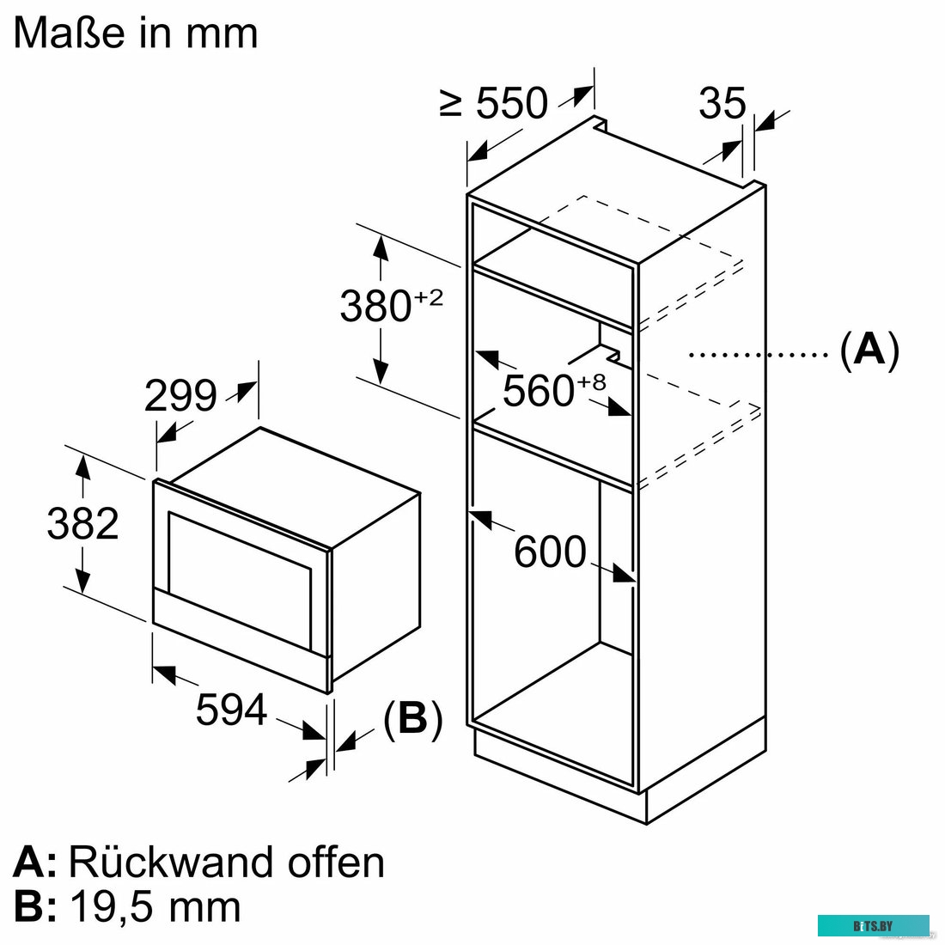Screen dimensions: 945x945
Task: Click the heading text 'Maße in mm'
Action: click(x=135, y=34)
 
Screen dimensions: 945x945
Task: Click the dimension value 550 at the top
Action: click(x=511, y=104)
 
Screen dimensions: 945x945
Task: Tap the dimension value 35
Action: click(x=722, y=104)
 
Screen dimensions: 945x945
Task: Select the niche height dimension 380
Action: click(x=375, y=307)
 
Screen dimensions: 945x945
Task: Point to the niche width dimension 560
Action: click(x=539, y=392)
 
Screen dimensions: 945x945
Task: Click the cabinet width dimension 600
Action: click(x=550, y=552)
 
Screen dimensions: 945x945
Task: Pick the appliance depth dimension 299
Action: click(x=180, y=396)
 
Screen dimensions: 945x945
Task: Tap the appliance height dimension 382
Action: click(x=82, y=524)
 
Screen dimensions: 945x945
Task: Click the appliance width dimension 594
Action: click(x=231, y=710)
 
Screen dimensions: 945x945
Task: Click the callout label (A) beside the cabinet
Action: click(x=869, y=351)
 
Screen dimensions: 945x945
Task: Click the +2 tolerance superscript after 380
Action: click(x=429, y=297)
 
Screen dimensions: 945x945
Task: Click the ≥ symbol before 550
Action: click(x=452, y=104)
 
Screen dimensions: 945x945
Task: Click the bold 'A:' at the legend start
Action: click(x=34, y=862)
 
